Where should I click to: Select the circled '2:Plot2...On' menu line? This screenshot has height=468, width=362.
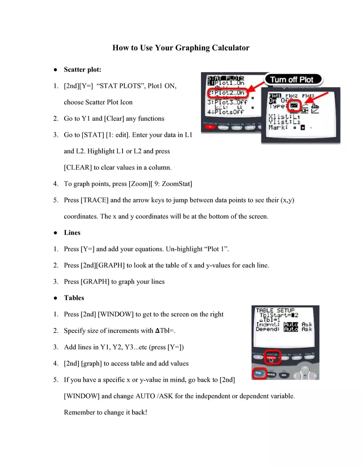(x=227, y=93)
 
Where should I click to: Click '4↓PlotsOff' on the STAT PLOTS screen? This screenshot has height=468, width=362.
(x=225, y=111)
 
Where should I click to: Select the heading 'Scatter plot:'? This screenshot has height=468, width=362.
(x=82, y=70)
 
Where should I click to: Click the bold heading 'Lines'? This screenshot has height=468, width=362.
(x=72, y=233)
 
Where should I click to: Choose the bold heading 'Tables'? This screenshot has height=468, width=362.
(x=74, y=298)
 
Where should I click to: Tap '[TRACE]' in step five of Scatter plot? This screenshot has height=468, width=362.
(x=95, y=200)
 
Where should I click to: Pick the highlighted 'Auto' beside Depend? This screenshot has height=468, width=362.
(x=290, y=329)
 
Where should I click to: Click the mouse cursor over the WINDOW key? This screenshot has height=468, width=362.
(x=271, y=360)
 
